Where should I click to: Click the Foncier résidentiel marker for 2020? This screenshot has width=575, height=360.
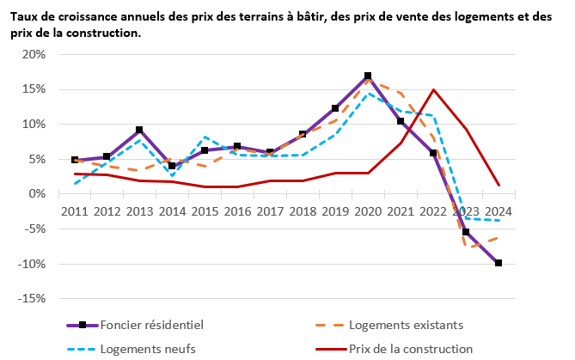(368, 76)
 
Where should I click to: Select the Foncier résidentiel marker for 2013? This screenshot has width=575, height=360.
(139, 130)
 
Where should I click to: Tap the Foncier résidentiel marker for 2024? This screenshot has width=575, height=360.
(499, 263)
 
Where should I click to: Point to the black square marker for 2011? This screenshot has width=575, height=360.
(75, 160)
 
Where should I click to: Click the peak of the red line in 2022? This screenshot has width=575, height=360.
(433, 89)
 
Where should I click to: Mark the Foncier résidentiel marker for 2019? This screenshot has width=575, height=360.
(335, 108)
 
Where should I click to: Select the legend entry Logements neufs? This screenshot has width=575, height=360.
(147, 349)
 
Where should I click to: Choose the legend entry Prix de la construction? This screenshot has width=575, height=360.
(411, 349)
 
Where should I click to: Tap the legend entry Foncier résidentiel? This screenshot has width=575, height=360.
(153, 325)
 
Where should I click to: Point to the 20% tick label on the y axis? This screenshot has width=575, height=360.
(34, 54)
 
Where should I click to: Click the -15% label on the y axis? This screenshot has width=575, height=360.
(31, 298)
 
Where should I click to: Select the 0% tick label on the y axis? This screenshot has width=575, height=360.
(37, 194)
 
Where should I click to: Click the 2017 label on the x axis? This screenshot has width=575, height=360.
(270, 211)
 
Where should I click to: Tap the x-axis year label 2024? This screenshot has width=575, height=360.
(499, 211)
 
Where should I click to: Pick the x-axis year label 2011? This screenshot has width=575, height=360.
(75, 211)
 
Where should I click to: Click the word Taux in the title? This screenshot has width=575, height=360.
(25, 16)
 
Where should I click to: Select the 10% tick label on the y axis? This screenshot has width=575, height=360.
(34, 124)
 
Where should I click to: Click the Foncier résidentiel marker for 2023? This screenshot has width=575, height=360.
(466, 232)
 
